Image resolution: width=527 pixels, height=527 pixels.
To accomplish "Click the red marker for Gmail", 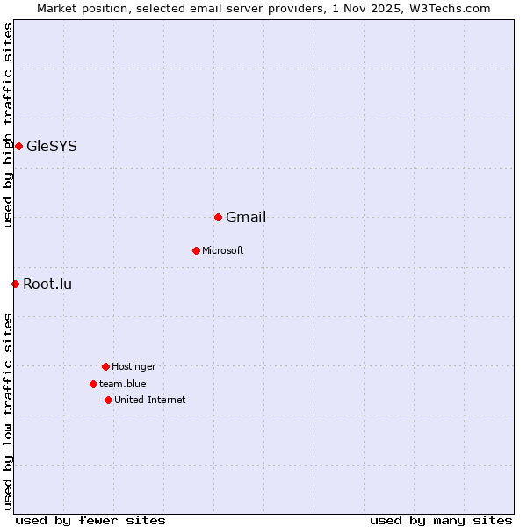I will [218, 217].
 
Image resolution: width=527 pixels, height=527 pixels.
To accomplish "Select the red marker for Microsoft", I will [196, 250].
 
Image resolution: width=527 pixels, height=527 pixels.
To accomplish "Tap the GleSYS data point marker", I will [18, 146].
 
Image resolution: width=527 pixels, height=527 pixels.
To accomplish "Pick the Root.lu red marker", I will [15, 284].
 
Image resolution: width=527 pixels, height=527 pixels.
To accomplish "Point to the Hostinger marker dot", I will [105, 366].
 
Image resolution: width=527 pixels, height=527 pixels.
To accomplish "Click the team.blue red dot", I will [93, 384].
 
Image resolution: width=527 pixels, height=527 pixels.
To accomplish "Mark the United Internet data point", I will [108, 400].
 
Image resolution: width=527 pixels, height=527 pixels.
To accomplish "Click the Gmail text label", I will [246, 218].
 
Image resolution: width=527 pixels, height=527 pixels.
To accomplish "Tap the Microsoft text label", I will [222, 251].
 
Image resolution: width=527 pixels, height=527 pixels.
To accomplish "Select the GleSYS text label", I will [52, 147].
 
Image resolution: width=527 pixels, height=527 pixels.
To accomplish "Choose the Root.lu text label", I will [47, 285].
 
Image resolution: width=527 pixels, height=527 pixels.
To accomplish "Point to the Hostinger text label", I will [134, 367].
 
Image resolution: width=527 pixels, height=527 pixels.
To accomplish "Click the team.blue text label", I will [123, 385].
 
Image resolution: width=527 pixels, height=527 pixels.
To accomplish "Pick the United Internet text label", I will [150, 401].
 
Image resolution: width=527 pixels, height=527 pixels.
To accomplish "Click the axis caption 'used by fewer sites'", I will [90, 520].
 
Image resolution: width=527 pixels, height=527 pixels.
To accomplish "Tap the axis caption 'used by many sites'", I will [441, 520].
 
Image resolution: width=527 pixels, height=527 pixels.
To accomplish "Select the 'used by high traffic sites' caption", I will [9, 125].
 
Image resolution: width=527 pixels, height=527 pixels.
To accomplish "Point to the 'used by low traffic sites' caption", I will [9, 411].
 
